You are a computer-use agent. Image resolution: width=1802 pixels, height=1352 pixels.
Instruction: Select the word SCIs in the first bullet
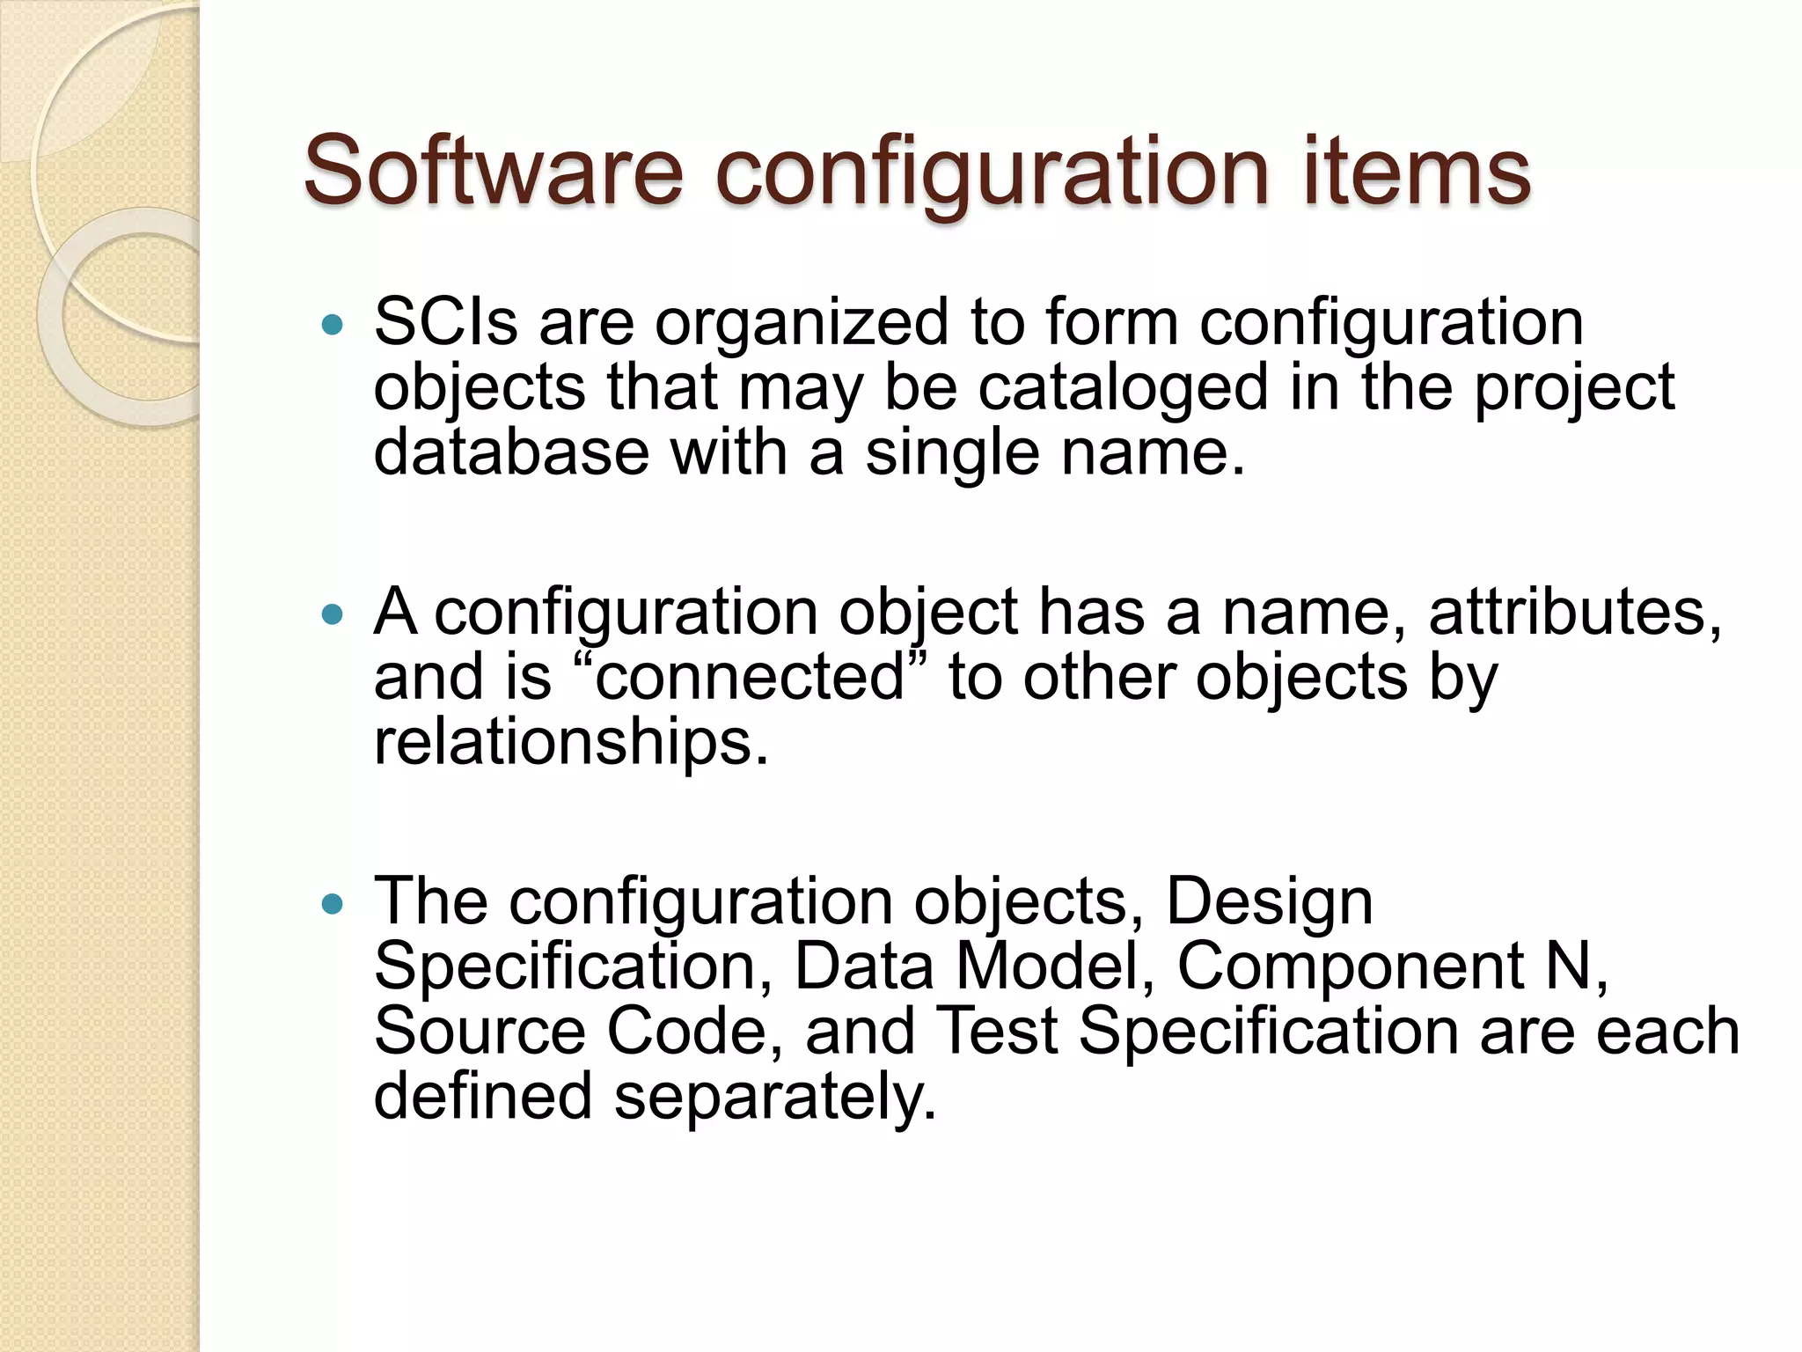(445, 321)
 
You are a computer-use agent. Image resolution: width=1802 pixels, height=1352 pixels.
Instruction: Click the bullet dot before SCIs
(332, 327)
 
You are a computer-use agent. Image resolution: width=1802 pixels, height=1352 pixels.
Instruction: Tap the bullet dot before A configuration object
(332, 615)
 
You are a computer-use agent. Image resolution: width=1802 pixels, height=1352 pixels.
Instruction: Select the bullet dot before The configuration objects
(332, 904)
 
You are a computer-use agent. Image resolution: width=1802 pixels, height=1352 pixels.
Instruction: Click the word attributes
(1574, 613)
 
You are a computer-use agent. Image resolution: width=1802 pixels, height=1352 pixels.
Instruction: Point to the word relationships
(570, 744)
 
